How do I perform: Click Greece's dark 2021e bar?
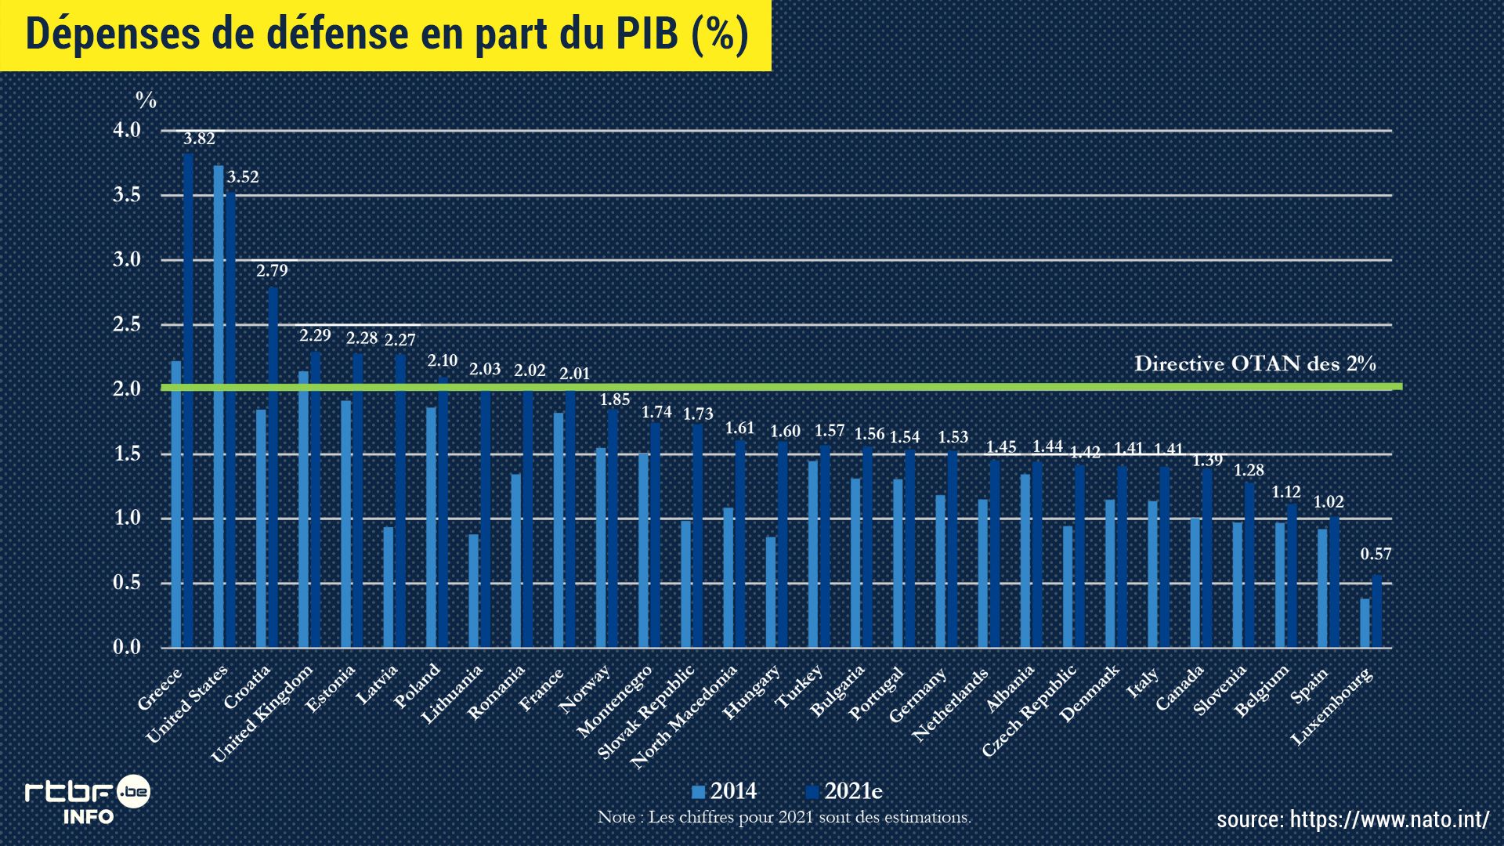click(188, 400)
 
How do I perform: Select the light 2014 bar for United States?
click(219, 407)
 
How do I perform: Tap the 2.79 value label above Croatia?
click(272, 271)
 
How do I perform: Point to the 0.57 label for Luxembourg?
click(1376, 555)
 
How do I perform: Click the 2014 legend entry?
click(725, 791)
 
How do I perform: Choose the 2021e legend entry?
click(844, 791)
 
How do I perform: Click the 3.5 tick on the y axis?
click(127, 195)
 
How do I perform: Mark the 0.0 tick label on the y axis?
click(127, 647)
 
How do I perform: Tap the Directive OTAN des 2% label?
click(1255, 363)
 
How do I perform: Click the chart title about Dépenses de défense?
click(387, 34)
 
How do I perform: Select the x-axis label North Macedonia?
click(684, 716)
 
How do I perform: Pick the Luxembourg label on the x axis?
click(1331, 706)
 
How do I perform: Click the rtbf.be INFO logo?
click(87, 800)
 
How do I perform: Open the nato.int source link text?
click(1353, 819)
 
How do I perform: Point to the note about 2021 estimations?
click(784, 817)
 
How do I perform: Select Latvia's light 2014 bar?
click(389, 587)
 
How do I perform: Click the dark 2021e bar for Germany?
click(953, 549)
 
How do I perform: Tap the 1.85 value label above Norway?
click(615, 399)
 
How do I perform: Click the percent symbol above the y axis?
click(146, 100)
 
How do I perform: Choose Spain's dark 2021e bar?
click(1334, 582)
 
